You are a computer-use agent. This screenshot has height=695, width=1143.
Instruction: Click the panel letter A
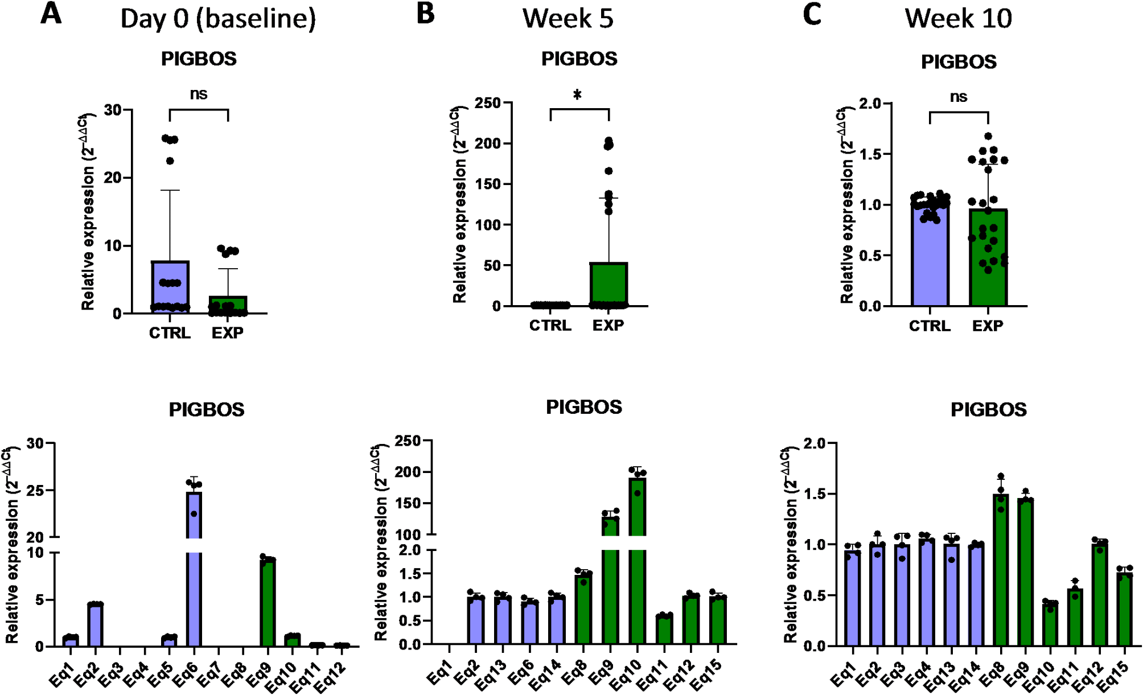51,14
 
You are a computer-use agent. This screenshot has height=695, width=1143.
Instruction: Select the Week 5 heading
568,18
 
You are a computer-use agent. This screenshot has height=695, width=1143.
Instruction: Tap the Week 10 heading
958,18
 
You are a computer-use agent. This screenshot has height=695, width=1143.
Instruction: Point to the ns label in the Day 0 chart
199,94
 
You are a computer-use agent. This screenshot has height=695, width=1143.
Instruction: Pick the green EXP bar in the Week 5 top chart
608,284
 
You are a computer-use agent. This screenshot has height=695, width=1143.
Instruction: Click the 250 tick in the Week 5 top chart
488,103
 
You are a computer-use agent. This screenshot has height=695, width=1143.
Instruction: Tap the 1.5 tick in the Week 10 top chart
869,154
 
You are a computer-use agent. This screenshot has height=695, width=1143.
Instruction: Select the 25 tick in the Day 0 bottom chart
35,491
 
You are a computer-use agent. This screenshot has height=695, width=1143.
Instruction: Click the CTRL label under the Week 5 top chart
550,326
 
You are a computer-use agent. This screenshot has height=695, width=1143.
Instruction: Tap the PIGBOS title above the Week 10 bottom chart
988,410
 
